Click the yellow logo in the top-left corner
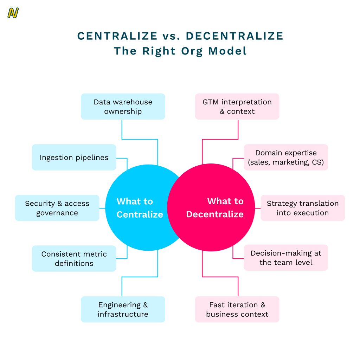13,13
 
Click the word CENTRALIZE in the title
117,36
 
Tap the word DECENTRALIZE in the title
234,36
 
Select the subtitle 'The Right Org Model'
180,51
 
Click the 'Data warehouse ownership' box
123,107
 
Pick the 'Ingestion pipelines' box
74,157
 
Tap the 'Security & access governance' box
57,208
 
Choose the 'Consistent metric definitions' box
74,258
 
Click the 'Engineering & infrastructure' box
123,309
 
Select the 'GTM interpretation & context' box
237,107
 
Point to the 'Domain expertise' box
286,157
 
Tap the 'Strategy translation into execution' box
302,208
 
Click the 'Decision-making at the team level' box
286,258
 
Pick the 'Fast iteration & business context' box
237,309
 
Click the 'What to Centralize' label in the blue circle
140,208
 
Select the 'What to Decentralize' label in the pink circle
215,208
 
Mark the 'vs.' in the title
172,36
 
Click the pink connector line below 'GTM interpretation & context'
238,130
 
